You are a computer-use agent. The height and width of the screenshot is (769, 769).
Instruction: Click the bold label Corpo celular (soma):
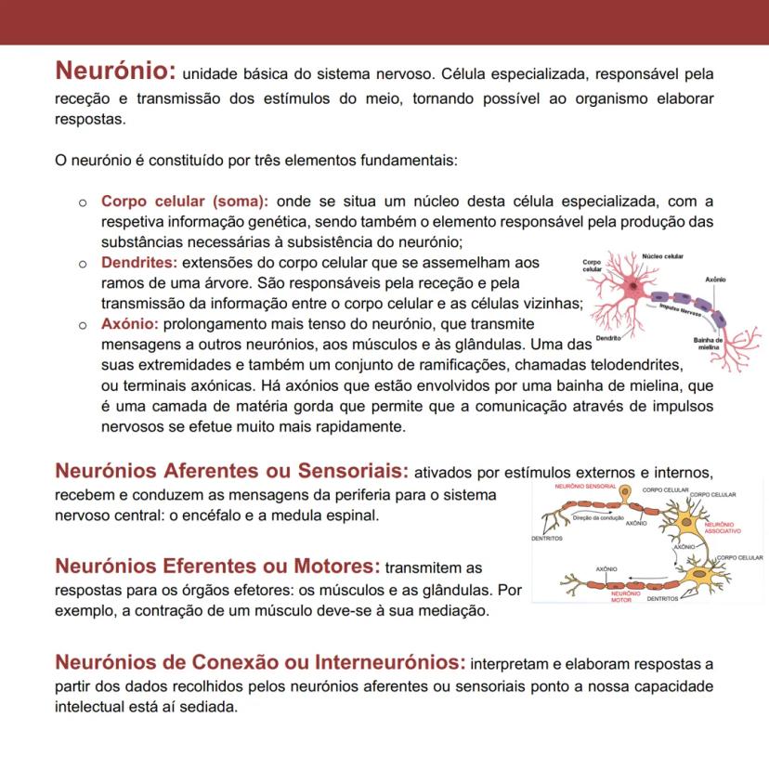click(185, 202)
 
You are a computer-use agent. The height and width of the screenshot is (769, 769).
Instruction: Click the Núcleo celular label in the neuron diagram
click(662, 255)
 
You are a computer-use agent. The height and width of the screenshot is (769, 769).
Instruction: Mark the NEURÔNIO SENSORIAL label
click(585, 487)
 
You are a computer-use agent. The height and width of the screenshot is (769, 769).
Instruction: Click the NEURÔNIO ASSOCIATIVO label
click(723, 528)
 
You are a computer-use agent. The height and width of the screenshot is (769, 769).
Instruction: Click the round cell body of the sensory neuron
click(627, 492)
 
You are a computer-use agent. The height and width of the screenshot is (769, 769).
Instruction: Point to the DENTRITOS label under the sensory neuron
click(546, 537)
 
